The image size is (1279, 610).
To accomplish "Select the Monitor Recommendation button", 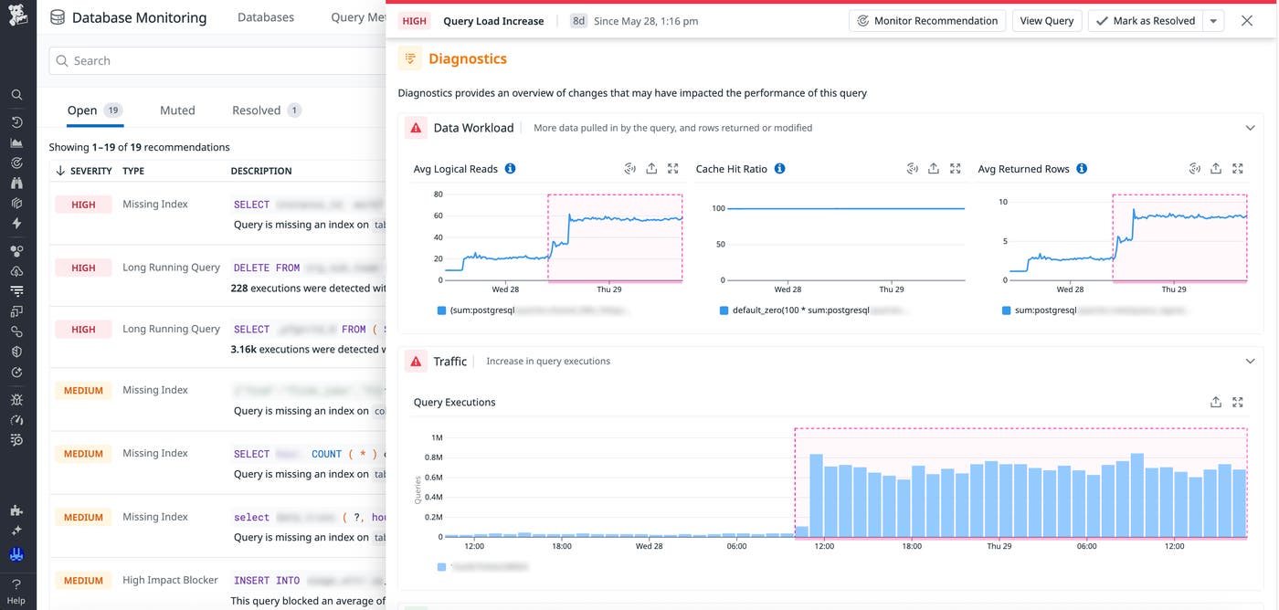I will [927, 21].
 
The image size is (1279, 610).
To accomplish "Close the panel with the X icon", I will [1246, 21].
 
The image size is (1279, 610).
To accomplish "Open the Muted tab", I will [177, 110].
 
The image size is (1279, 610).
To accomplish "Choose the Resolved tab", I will [256, 110].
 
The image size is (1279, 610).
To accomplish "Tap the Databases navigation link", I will [266, 17].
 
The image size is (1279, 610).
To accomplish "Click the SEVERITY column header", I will [90, 171].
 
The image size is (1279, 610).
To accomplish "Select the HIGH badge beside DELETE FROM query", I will [83, 268].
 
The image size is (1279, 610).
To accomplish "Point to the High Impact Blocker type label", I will [170, 580].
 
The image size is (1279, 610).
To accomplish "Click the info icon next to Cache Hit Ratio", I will [779, 169].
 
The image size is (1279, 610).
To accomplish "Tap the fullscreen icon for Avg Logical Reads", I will [673, 169].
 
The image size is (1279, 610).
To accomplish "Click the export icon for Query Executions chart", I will [1215, 402].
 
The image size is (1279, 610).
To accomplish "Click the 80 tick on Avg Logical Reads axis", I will [438, 195].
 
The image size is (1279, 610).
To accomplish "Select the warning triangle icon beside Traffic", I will [416, 362].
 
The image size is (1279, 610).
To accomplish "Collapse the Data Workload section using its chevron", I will [1250, 128].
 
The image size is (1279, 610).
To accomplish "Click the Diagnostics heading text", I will [467, 58].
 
